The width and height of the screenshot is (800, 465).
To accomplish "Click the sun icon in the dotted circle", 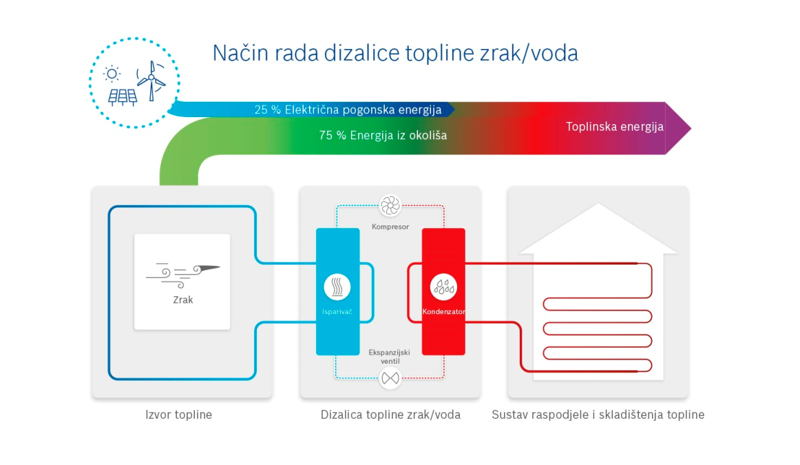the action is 112,74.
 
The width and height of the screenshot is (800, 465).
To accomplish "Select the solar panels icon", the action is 123,97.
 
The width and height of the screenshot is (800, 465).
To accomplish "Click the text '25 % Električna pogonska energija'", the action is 348,110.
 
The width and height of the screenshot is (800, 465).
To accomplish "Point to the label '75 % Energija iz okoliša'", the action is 383,135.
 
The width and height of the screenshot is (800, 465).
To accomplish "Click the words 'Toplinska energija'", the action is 614,127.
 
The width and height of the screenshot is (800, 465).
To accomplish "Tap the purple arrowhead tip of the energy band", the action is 691,128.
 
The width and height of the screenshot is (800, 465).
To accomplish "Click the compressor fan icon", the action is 390,206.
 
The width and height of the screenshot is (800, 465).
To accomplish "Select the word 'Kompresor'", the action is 390,227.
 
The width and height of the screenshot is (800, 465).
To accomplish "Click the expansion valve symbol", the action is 390,378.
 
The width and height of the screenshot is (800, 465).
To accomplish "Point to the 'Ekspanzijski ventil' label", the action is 389,357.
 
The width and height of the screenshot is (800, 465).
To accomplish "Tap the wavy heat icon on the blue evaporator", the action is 337,287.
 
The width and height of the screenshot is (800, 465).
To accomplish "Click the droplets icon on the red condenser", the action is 443,287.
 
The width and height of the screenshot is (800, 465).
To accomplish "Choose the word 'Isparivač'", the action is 337,311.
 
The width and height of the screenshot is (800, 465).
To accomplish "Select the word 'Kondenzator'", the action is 443,311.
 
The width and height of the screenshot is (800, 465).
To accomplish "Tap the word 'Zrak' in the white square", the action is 182,300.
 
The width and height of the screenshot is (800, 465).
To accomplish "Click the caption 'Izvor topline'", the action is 178,415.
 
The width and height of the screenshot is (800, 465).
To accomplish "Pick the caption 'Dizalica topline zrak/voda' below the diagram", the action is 390,415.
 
